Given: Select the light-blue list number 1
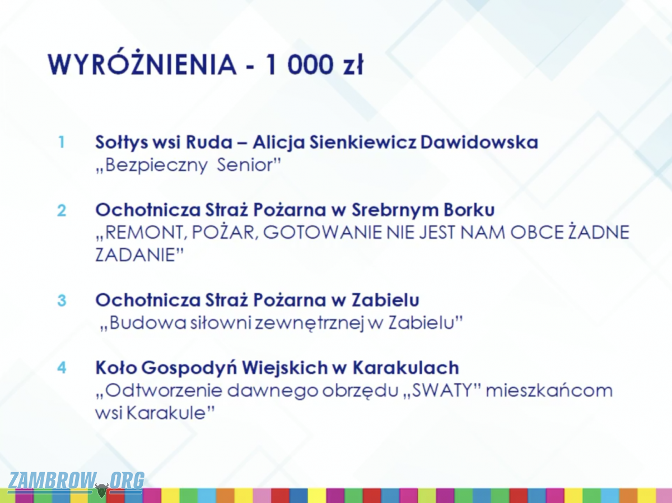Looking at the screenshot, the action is click(x=62, y=142).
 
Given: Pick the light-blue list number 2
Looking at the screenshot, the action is click(x=62, y=211).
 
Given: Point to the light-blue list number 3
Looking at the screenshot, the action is click(x=62, y=301).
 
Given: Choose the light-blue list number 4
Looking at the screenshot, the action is click(x=62, y=367).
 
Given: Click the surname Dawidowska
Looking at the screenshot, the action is click(x=479, y=142).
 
